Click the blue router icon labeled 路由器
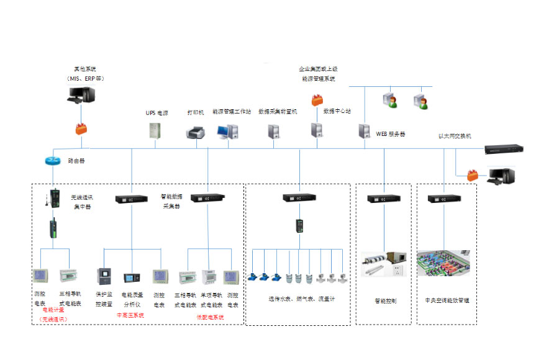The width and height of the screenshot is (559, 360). point(53,160)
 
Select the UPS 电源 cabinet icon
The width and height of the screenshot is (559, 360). point(155,131)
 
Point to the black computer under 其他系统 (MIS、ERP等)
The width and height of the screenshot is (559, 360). point(81,96)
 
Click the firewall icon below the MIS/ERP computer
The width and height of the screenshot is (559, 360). point(81,129)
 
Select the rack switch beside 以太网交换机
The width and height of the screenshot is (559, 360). point(504,149)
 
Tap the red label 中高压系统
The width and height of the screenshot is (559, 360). point(130,315)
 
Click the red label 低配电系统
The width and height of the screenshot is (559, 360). point(210,317)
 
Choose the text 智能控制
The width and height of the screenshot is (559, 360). point(385,300)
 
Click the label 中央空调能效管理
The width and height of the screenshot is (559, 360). point(447,300)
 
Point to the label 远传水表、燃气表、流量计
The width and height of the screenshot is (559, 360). point(301,299)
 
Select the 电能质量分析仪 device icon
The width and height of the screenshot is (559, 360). point(132,277)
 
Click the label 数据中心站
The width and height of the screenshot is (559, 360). point(337,111)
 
